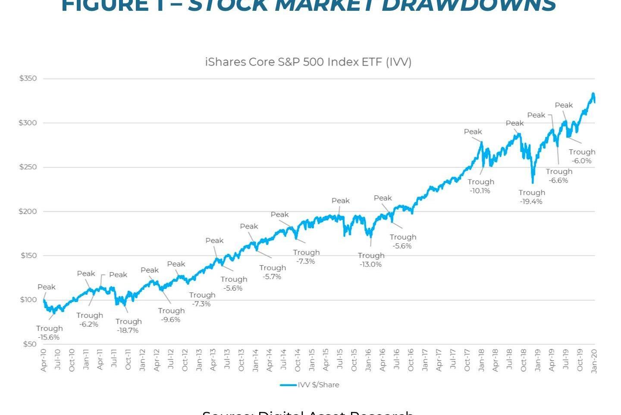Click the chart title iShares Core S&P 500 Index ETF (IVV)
(308, 62)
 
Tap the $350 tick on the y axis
(28, 79)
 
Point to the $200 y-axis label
(28, 211)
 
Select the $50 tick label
(29, 344)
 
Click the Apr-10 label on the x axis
(43, 361)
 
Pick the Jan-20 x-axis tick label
(594, 361)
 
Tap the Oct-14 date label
(298, 361)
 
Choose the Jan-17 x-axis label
(425, 361)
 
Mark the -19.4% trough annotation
(531, 201)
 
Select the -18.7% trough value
(128, 330)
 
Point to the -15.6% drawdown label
(49, 337)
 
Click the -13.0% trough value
(370, 264)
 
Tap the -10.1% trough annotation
(480, 191)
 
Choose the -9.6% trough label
(171, 320)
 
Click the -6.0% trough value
(582, 161)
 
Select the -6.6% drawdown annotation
(558, 180)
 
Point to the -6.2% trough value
(89, 324)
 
